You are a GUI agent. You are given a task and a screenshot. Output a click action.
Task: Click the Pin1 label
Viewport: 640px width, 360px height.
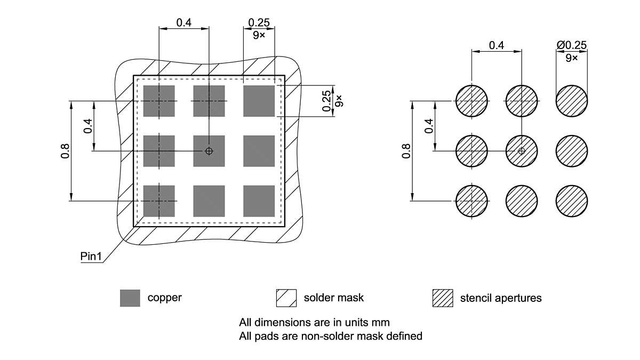[x=91, y=257]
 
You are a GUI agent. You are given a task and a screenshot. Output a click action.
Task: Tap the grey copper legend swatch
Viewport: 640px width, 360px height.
[x=130, y=298]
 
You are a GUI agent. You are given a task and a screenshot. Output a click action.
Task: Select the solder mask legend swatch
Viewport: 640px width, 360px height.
[x=286, y=298]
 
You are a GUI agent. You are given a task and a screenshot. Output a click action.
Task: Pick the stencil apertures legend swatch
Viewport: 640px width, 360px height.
[x=442, y=298]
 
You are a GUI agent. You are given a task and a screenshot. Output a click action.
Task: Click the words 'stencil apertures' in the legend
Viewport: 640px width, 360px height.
[x=500, y=298]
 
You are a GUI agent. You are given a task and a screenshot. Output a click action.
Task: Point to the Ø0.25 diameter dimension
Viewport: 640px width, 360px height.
[x=571, y=45]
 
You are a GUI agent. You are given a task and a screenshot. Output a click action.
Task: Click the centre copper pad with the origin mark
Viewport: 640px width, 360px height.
[x=209, y=151]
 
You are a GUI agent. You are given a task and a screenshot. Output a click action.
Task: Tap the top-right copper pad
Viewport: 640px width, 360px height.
[x=259, y=101]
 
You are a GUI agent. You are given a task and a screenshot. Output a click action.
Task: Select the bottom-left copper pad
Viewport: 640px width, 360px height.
[x=159, y=201]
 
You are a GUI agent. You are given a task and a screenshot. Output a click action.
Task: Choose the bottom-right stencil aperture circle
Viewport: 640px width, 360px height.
[x=572, y=201]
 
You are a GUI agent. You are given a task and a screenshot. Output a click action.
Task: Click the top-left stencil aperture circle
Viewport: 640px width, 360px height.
[x=471, y=101]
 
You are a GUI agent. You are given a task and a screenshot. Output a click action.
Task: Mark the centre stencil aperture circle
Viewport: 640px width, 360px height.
[x=522, y=151]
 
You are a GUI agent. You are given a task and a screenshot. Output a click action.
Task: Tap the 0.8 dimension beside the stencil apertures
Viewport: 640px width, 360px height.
[x=406, y=151]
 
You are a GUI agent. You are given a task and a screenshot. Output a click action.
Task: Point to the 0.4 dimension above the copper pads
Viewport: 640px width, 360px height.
[x=184, y=22]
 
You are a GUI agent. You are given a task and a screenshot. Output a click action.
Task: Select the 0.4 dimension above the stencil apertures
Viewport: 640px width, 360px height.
[x=497, y=45]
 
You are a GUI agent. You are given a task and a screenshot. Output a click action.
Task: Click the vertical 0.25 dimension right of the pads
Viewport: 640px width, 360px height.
[x=327, y=100]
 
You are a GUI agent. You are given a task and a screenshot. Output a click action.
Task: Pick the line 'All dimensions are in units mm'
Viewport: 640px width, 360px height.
[x=314, y=322]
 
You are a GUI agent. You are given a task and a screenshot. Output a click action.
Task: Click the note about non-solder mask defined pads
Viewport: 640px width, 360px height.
[x=331, y=336]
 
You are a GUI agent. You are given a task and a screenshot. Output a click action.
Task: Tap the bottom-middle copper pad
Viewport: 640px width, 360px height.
[x=209, y=201]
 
